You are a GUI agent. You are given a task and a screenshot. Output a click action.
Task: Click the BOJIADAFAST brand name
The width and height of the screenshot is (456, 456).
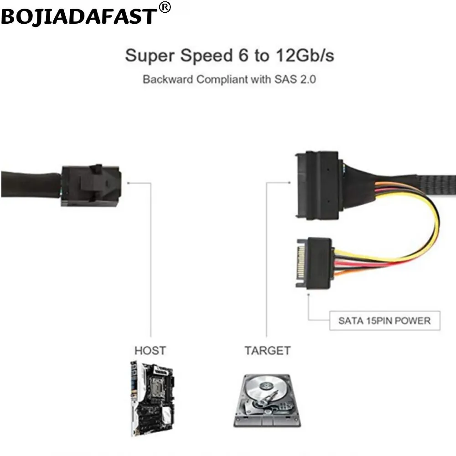[x=78, y=16]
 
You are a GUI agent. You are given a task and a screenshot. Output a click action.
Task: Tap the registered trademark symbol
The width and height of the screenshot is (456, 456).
[x=165, y=7]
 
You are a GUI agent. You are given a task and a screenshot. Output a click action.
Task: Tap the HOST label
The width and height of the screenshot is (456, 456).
[x=150, y=351]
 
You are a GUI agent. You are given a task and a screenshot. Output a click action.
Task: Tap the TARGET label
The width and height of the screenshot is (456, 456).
[x=267, y=351]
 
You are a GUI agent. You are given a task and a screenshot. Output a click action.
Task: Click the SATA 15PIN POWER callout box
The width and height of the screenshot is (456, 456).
[x=384, y=321]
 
